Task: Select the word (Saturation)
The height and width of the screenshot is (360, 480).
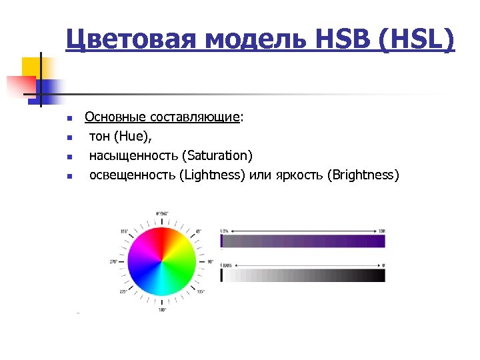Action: pos(219,156)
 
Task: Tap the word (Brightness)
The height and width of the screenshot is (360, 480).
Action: pos(363,175)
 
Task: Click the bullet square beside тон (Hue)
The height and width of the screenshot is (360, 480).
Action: pos(69,138)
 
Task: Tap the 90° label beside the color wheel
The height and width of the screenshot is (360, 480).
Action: pos(211,261)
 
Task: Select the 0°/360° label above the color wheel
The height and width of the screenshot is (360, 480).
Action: pos(162,213)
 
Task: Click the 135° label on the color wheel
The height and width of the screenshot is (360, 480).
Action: pos(200,291)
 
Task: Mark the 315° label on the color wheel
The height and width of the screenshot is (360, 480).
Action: pos(124,231)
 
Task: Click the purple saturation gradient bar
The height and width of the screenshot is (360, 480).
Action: pos(303,243)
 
